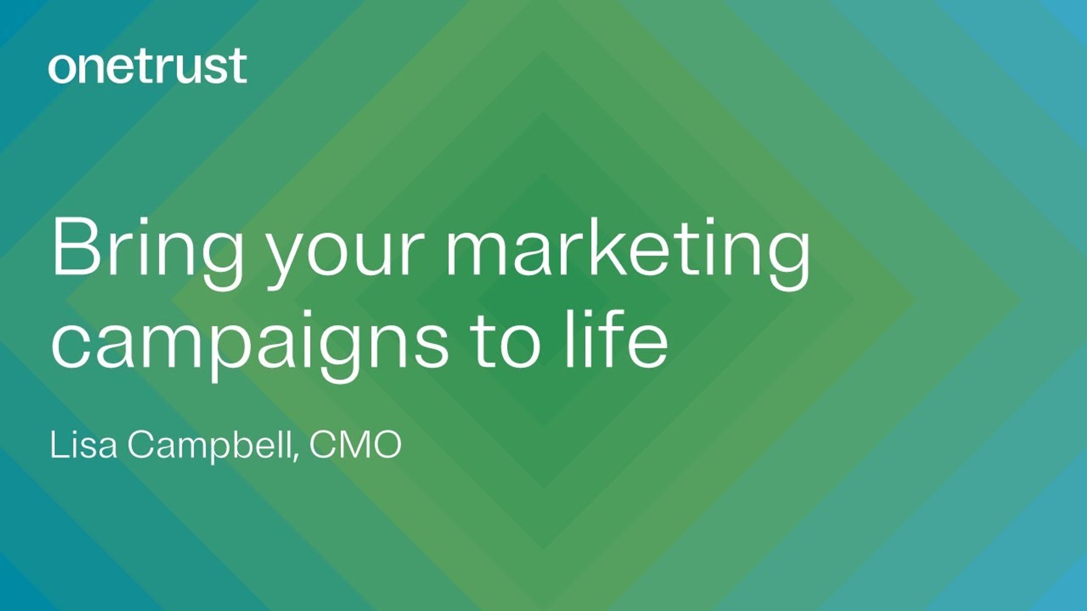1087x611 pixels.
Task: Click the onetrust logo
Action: click(x=148, y=67)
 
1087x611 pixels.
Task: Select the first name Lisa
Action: click(x=84, y=445)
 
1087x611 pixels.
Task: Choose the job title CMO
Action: click(x=355, y=445)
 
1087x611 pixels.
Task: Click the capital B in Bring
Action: click(x=76, y=247)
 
